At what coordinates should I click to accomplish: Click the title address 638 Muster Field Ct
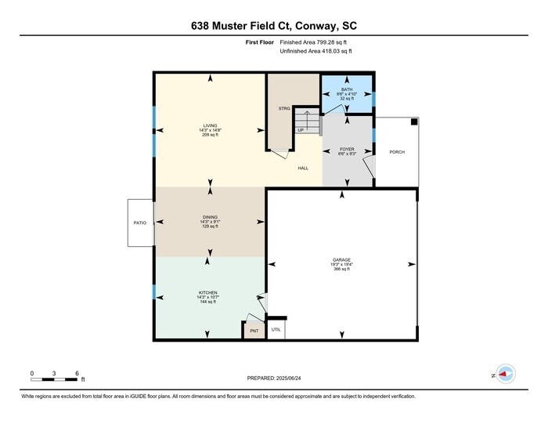(274, 25)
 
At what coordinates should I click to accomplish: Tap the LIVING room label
(210, 125)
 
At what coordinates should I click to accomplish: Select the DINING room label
(210, 217)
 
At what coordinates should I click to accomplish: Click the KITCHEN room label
(207, 292)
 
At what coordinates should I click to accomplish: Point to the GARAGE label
(341, 259)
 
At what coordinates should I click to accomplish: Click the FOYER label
(348, 148)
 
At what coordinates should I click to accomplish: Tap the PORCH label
(397, 152)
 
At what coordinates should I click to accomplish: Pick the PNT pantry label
(254, 332)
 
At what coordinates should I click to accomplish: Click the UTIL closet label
(276, 330)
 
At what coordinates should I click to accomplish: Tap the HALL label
(302, 168)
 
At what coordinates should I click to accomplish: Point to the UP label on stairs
(301, 130)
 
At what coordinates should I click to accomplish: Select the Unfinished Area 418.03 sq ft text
(315, 51)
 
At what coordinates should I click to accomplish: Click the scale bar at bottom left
(54, 379)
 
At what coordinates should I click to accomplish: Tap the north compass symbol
(506, 375)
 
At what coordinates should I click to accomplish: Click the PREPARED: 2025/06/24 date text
(274, 379)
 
